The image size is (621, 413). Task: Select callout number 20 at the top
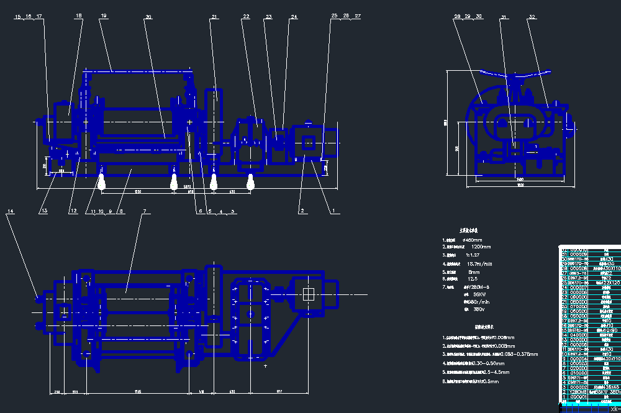(148, 17)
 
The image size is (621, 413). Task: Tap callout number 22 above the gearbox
(246, 17)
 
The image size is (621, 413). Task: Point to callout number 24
(294, 17)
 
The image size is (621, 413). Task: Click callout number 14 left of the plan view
(10, 212)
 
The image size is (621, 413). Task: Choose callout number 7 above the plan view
(143, 212)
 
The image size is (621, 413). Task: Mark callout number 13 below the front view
(43, 211)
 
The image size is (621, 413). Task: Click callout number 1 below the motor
(333, 211)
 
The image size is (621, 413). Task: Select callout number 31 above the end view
(504, 17)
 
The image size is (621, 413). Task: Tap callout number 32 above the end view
(532, 17)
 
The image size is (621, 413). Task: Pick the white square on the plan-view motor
(309, 294)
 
